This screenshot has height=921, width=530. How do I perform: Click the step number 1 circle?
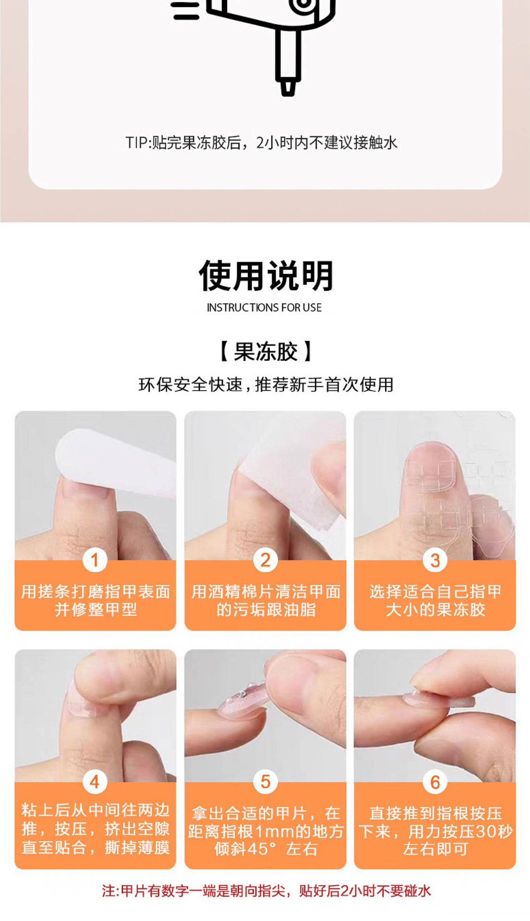(x=95, y=560)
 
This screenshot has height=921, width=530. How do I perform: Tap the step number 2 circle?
(x=265, y=560)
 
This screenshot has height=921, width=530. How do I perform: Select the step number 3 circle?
(x=435, y=560)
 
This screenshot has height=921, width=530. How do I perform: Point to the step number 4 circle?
(x=95, y=781)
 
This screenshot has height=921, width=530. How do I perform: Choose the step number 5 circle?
(x=265, y=781)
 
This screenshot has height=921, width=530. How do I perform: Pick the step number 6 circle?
(x=435, y=781)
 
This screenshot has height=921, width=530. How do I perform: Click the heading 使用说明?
(x=266, y=276)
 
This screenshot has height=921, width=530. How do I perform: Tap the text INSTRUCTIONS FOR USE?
(x=264, y=308)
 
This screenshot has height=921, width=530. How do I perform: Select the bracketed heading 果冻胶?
(x=265, y=352)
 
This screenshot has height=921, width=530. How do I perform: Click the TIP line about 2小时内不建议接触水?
(x=262, y=143)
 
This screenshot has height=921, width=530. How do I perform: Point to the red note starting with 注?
(x=266, y=891)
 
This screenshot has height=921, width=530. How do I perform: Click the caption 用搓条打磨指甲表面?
(x=96, y=591)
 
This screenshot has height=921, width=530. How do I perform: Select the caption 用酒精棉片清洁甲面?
(x=266, y=591)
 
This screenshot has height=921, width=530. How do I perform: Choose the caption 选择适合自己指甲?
(x=435, y=591)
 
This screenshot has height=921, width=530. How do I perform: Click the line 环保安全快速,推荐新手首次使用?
(x=266, y=384)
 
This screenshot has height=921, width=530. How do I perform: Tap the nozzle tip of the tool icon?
(x=288, y=88)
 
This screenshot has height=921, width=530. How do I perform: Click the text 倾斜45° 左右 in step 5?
(x=266, y=849)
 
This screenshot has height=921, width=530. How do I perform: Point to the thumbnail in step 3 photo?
(x=431, y=470)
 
